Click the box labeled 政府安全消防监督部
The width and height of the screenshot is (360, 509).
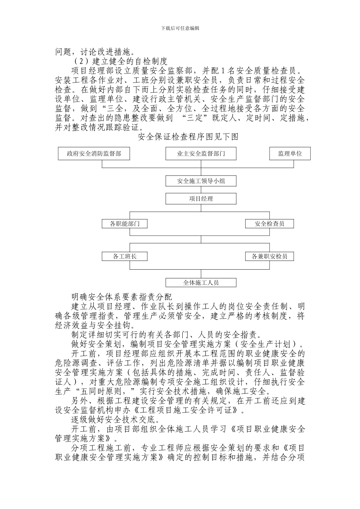tap(94, 153)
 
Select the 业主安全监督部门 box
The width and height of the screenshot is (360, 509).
tap(201, 153)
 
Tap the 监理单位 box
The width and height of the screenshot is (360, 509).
tap(290, 153)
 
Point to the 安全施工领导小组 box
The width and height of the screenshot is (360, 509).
tap(201, 181)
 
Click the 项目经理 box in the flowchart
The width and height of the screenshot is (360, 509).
tap(201, 198)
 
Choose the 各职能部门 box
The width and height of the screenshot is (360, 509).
tap(125, 223)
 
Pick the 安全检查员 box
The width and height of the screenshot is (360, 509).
tap(269, 223)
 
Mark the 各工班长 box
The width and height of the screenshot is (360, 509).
tap(125, 256)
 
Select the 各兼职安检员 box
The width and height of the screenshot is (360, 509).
tap(269, 256)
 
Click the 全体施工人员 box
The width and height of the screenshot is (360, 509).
tap(201, 283)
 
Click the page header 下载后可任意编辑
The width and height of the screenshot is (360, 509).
tap(180, 28)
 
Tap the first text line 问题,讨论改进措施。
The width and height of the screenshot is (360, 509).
tap(98, 52)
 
